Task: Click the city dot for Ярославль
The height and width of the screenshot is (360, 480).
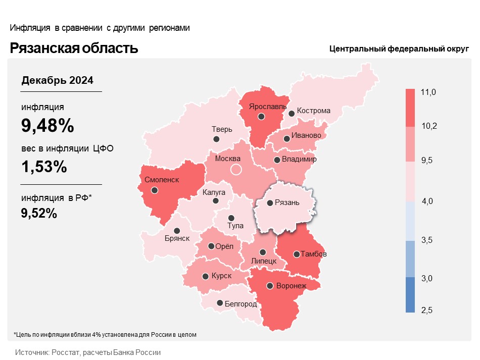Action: (261, 117)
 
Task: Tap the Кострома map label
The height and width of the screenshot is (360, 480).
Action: (313, 111)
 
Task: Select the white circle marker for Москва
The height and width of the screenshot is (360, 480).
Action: (236, 170)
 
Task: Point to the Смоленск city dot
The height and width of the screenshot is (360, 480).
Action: (155, 190)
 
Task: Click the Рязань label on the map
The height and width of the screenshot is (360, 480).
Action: (287, 202)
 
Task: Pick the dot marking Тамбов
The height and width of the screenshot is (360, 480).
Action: (297, 254)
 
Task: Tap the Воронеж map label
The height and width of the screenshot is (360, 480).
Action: (291, 286)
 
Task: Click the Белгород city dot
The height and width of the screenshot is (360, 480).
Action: (220, 303)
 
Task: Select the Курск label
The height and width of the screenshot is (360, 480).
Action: (221, 276)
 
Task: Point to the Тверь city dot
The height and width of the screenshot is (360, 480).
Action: (216, 139)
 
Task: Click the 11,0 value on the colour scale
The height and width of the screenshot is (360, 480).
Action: (428, 92)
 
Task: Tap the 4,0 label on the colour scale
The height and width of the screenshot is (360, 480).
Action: (427, 201)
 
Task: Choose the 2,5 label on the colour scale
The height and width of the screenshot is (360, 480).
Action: (427, 310)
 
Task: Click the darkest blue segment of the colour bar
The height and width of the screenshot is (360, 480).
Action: (410, 295)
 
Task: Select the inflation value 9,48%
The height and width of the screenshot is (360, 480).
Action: (47, 125)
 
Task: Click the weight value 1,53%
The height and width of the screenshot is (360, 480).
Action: (44, 167)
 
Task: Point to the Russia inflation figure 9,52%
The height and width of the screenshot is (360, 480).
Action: (39, 213)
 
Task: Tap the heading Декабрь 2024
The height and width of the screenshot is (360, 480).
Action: (57, 80)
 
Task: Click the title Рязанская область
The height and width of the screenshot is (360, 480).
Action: (74, 48)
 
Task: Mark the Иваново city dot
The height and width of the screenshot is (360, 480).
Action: (286, 139)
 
